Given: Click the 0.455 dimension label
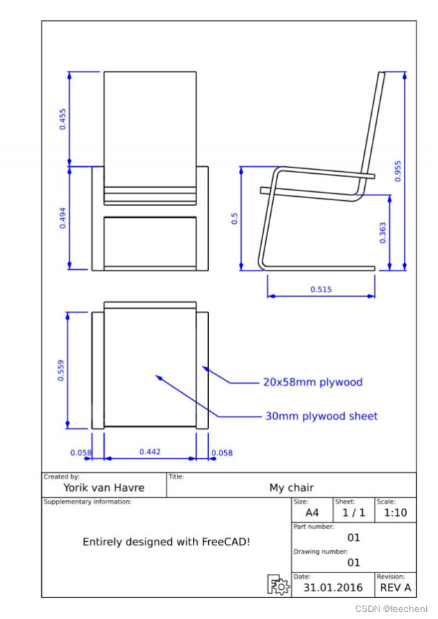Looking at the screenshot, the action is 63,119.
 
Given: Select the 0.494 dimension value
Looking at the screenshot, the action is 63,218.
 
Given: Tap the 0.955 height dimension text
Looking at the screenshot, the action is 398,171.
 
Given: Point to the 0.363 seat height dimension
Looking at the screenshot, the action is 383,233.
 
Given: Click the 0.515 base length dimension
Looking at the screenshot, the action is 321,289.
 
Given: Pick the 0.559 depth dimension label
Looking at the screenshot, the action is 61,370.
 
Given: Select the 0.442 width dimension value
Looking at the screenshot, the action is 150,451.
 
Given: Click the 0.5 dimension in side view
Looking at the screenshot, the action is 235,218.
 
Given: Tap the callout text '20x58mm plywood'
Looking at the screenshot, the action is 313,382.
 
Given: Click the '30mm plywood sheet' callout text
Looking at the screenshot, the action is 322,416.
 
